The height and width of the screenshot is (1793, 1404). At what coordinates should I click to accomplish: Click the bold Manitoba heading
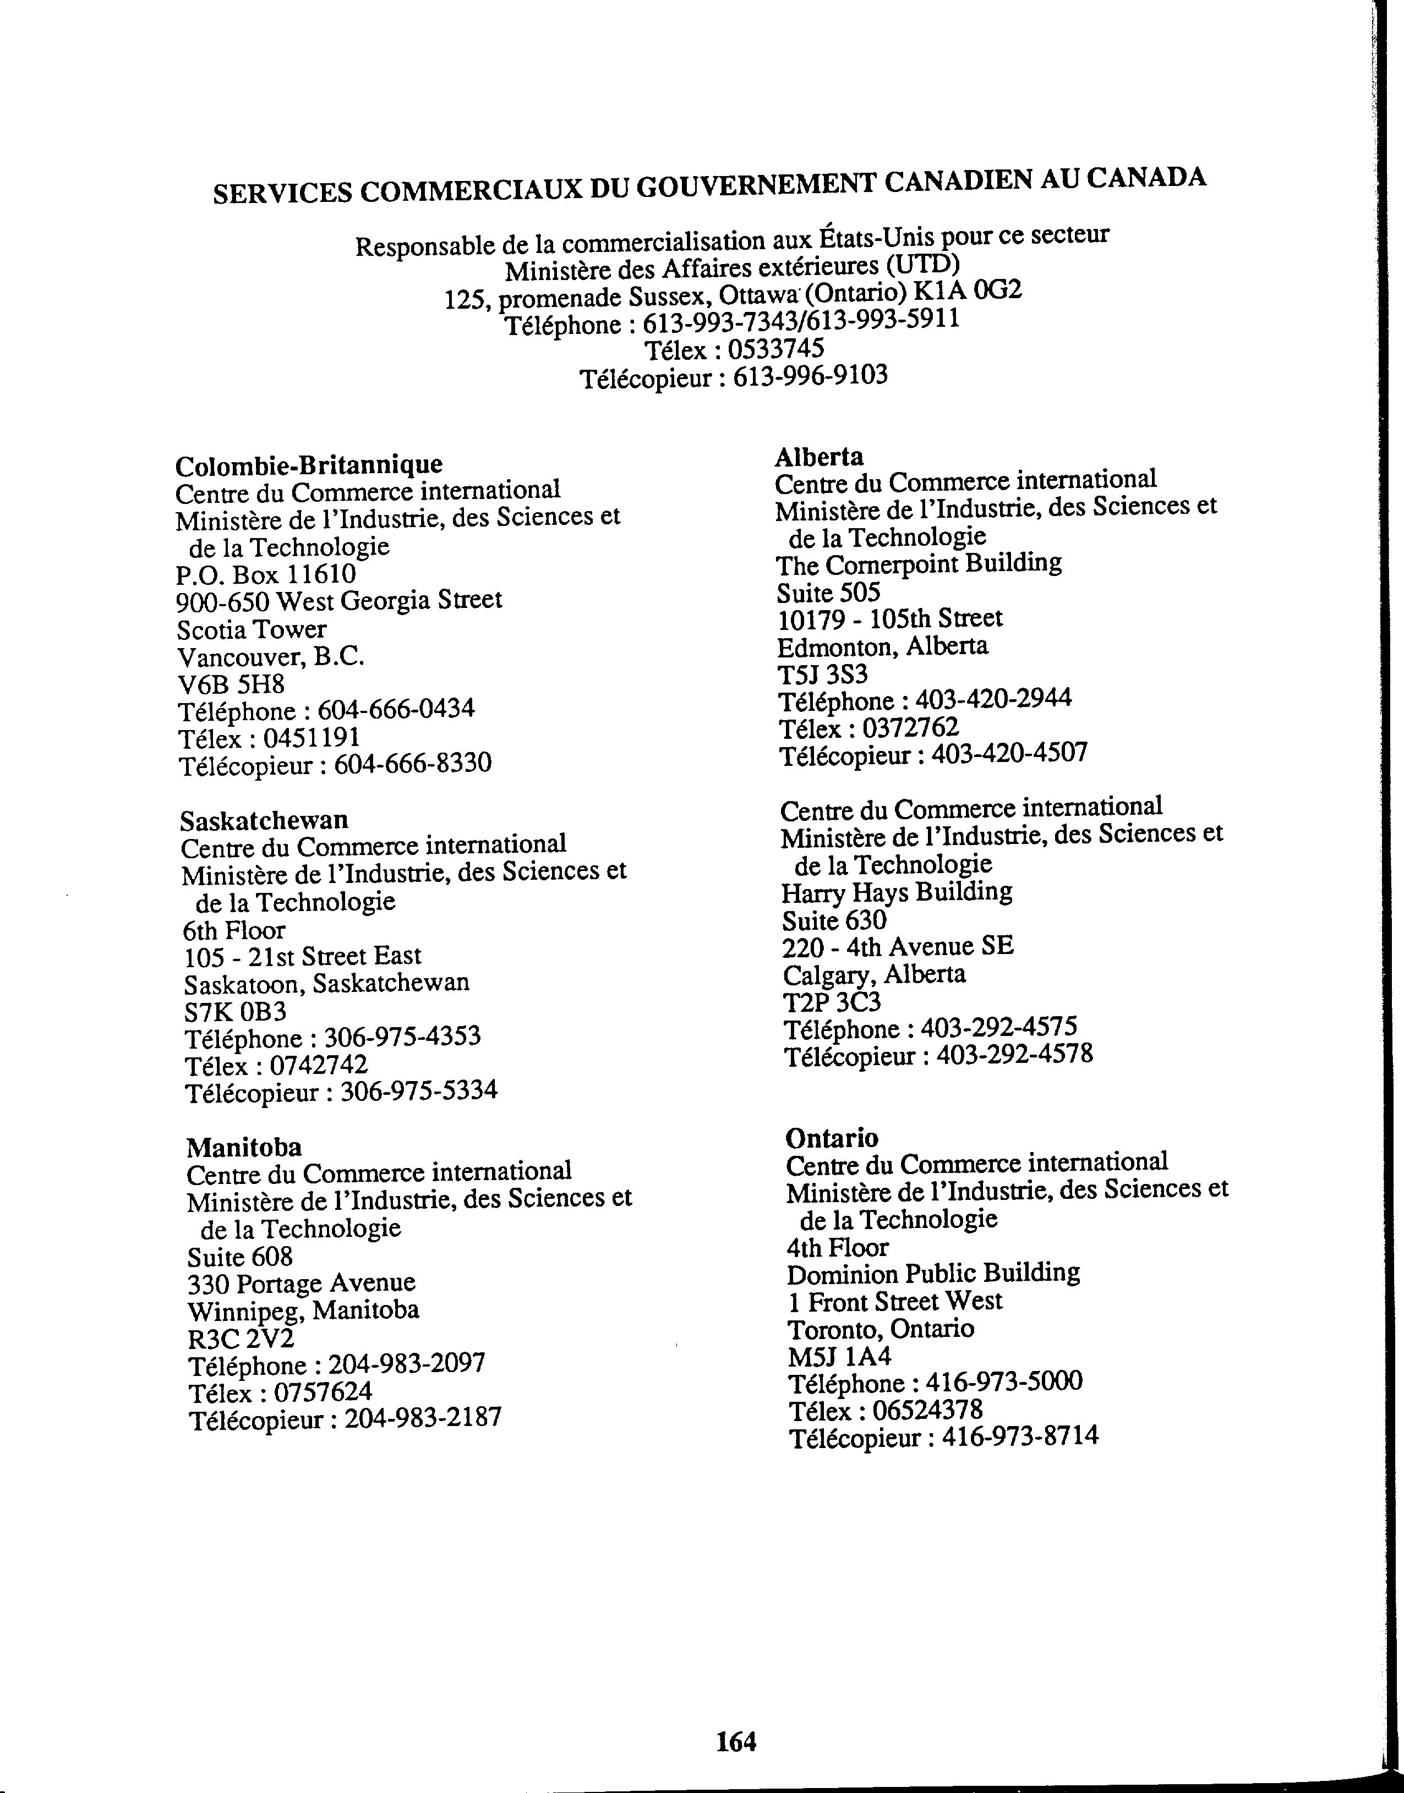tap(244, 1147)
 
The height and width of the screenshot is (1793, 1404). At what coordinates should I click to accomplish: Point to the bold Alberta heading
tap(819, 456)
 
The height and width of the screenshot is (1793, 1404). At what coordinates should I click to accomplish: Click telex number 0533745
tap(775, 349)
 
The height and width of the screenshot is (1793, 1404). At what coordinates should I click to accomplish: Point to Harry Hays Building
tap(897, 892)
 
